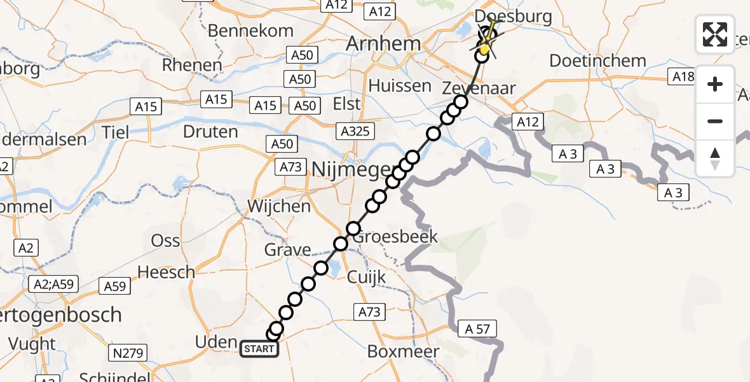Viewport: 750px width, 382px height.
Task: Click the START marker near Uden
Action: pos(259,348)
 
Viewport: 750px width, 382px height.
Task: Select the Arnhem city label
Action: pos(383,44)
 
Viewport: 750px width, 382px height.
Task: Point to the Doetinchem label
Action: pos(597,62)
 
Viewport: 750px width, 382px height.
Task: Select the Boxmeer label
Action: pos(403,351)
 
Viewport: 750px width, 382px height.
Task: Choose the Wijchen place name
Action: pos(279,206)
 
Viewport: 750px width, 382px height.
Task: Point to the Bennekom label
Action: pos(250,31)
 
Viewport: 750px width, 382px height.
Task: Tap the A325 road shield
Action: pos(356,131)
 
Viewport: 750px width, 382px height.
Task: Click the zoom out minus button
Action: pos(715,121)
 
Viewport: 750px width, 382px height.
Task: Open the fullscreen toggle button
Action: pos(715,34)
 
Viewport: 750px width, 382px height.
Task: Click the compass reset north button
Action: pos(715,158)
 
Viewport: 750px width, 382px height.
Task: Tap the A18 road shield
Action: pos(683,77)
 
